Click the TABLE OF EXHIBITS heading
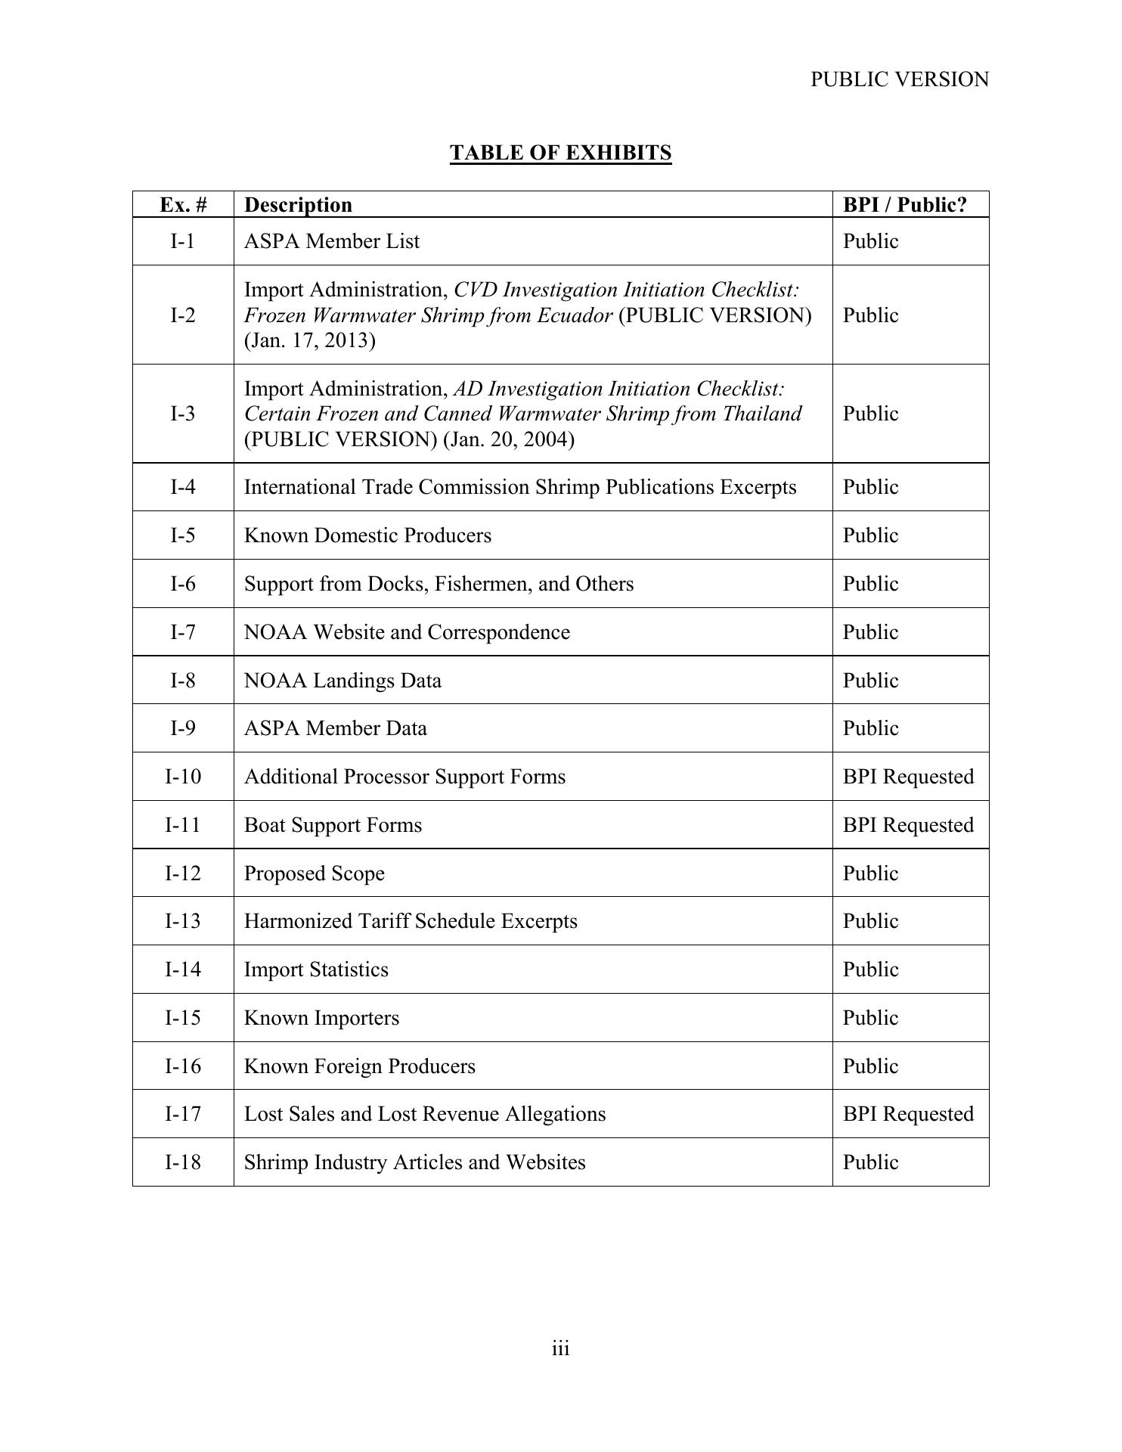(x=560, y=153)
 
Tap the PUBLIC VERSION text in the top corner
(x=899, y=79)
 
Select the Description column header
(x=298, y=205)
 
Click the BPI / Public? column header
(x=904, y=205)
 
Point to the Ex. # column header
(x=183, y=205)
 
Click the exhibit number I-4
(x=183, y=487)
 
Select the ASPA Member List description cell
(x=331, y=241)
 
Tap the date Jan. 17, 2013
(x=309, y=340)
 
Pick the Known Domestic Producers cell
(x=367, y=535)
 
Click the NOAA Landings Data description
(x=342, y=681)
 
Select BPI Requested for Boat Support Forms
(x=908, y=825)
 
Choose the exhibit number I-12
(x=183, y=873)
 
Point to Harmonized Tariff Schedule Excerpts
(x=411, y=921)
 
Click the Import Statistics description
(x=316, y=970)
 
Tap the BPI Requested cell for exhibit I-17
(x=908, y=1114)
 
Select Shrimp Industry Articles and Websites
(x=414, y=1162)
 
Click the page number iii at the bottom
(x=560, y=1348)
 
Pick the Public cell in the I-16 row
(x=870, y=1066)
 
